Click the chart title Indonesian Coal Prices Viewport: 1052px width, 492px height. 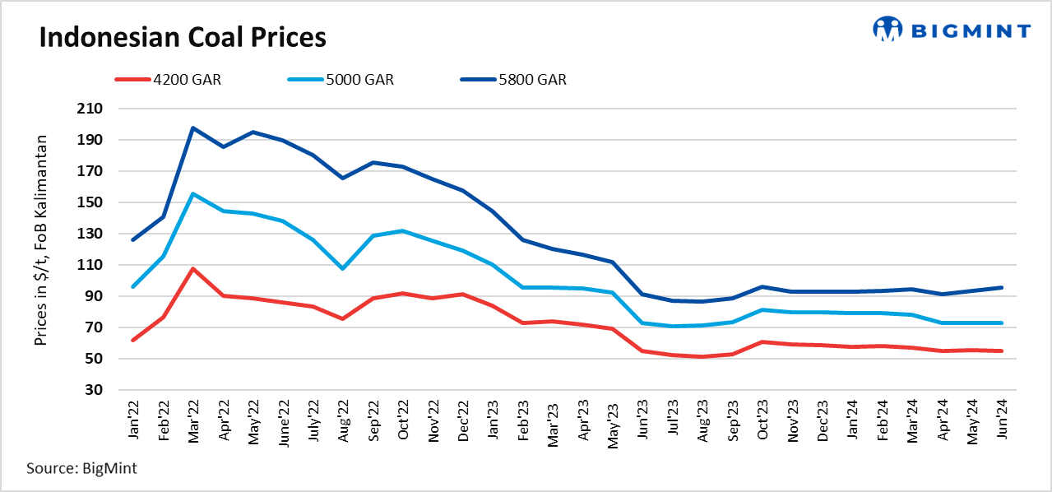(x=183, y=38)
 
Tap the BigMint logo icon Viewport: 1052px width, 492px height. (x=887, y=30)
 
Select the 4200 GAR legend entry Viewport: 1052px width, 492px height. (x=168, y=80)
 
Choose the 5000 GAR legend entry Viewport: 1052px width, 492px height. (x=341, y=80)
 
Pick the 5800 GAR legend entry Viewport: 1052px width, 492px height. (x=513, y=80)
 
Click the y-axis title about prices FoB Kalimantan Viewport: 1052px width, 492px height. (x=40, y=240)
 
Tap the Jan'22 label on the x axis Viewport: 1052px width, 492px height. (x=133, y=420)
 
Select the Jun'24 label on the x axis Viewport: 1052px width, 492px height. (x=1000, y=420)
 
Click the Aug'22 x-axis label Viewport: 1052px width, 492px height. (x=342, y=420)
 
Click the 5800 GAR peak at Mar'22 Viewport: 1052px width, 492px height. (x=192, y=128)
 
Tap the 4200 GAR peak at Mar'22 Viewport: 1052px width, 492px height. (x=192, y=268)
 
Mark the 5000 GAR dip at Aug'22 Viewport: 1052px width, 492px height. (x=342, y=268)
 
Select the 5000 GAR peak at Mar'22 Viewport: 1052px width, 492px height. (x=192, y=194)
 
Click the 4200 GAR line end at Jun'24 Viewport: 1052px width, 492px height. (x=1000, y=350)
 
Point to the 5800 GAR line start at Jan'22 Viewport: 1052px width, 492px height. (x=133, y=239)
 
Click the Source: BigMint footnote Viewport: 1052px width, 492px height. (x=81, y=468)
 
